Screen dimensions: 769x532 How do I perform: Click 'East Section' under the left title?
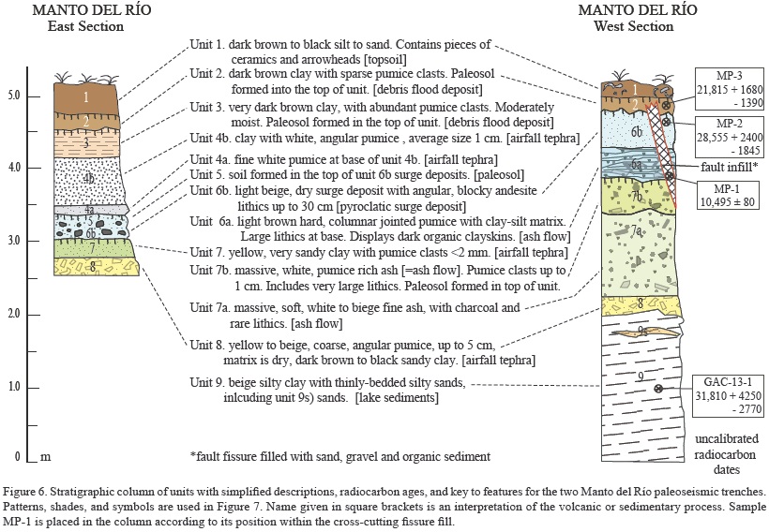coord(86,26)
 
